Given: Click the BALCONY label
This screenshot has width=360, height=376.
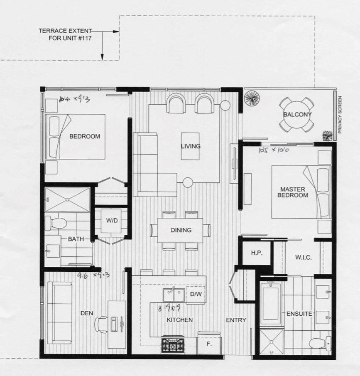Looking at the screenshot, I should point(297,114).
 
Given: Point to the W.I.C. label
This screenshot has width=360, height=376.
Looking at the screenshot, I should point(304,258).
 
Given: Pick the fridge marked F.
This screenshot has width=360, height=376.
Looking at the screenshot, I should point(209,344).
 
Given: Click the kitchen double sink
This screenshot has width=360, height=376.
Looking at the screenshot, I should point(174,294).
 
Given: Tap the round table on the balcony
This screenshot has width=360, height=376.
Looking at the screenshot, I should point(297,114).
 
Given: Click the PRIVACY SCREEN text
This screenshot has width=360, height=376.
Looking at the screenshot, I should point(340,114).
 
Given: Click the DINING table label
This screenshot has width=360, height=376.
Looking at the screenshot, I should point(181,230).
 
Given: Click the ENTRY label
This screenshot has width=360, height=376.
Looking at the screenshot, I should point(236,320).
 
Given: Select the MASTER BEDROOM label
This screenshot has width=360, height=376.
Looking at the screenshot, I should point(293,192).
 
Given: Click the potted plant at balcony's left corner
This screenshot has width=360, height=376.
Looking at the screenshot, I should point(252,98).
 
